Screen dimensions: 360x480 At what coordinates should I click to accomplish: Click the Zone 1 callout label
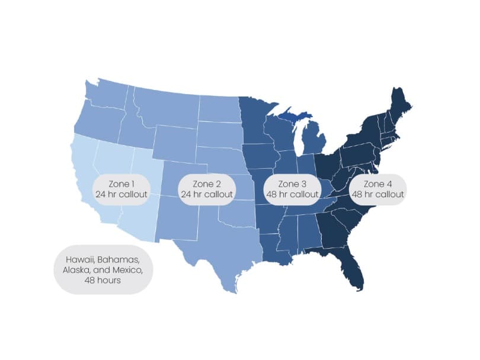[121, 189]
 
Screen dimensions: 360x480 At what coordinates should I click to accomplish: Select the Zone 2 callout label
[206, 189]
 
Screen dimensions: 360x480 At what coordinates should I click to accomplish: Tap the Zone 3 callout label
[292, 189]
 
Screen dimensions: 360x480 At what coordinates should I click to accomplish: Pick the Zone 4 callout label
[377, 189]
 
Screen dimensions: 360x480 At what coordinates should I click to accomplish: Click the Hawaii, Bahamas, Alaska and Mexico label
[103, 270]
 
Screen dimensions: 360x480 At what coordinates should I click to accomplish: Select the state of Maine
[398, 107]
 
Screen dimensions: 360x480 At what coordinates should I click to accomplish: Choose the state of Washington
[107, 95]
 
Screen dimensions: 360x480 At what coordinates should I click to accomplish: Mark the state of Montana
[166, 107]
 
